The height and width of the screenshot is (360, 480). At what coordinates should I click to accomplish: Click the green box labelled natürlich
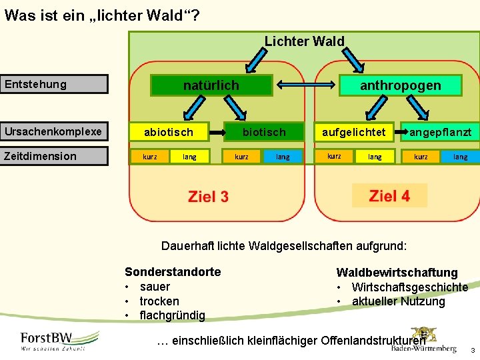pyautogui.click(x=211, y=85)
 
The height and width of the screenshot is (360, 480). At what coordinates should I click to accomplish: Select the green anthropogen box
pyautogui.click(x=400, y=85)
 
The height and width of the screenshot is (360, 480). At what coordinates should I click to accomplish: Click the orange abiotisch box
pyautogui.click(x=169, y=132)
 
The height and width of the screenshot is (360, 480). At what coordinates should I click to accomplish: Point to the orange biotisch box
pyautogui.click(x=263, y=132)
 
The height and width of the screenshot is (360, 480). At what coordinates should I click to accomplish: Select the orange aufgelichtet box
pyautogui.click(x=353, y=132)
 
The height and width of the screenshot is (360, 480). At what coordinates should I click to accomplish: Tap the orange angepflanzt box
pyautogui.click(x=439, y=132)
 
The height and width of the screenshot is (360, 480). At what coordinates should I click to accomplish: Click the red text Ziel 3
pyautogui.click(x=208, y=197)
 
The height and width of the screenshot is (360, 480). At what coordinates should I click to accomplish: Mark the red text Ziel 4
pyautogui.click(x=389, y=196)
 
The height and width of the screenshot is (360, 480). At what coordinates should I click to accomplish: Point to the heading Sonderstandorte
pyautogui.click(x=173, y=272)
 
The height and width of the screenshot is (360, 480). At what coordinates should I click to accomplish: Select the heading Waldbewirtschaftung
pyautogui.click(x=397, y=273)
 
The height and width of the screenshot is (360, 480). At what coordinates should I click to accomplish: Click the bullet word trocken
pyautogui.click(x=159, y=301)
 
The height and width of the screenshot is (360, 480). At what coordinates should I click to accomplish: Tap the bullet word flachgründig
pyautogui.click(x=172, y=315)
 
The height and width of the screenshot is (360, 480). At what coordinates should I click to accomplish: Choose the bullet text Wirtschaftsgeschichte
pyautogui.click(x=409, y=287)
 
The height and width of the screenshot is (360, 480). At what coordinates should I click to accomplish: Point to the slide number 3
pyautogui.click(x=472, y=351)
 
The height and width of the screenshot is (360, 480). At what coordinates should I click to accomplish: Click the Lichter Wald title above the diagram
pyautogui.click(x=305, y=41)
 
